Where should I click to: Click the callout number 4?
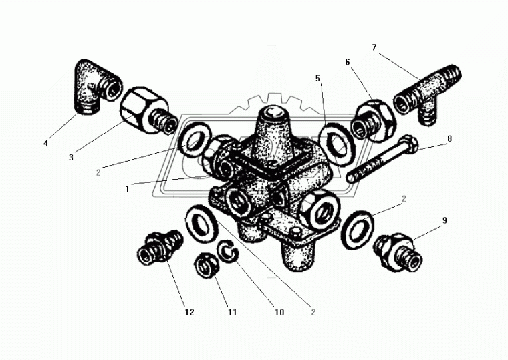coord(45,143)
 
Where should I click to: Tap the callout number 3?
coord(71,158)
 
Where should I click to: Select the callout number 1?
coord(127,189)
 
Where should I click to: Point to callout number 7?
coord(374,47)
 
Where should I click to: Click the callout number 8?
coord(449,138)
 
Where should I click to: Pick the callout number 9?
coord(444,220)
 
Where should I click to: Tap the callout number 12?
coord(190,312)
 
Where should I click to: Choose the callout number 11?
coord(233,312)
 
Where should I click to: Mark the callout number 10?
coord(279,312)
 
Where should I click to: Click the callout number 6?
coord(348,62)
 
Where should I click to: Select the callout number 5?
coord(317,78)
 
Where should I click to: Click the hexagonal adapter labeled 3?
coord(148,110)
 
